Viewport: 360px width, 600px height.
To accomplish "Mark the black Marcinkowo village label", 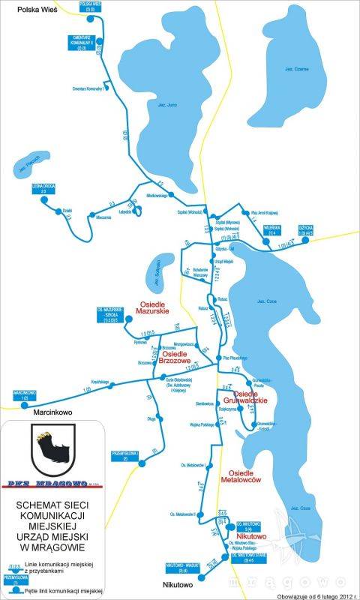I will point(50,411).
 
